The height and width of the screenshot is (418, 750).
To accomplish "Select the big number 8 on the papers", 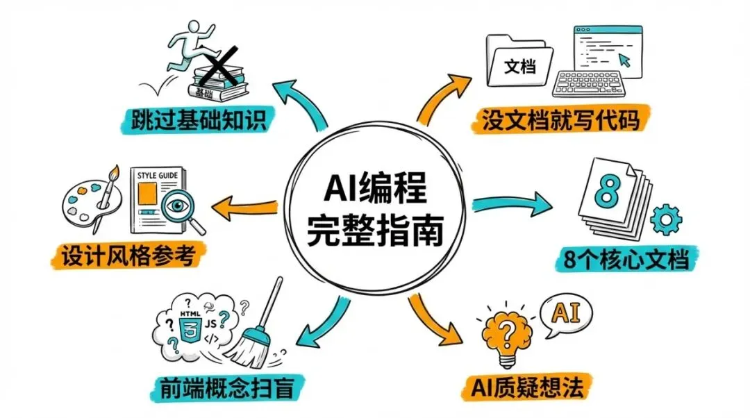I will click(608, 187).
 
